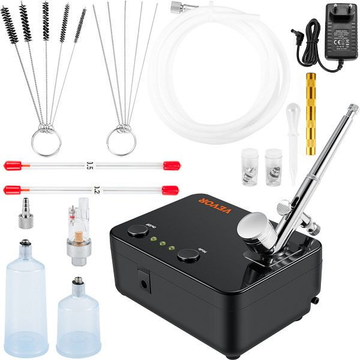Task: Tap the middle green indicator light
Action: [163, 243]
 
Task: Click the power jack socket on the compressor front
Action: [144, 277]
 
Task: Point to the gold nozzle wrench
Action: [311, 114]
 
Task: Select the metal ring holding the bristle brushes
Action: [46, 142]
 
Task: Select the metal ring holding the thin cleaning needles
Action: [121, 142]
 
